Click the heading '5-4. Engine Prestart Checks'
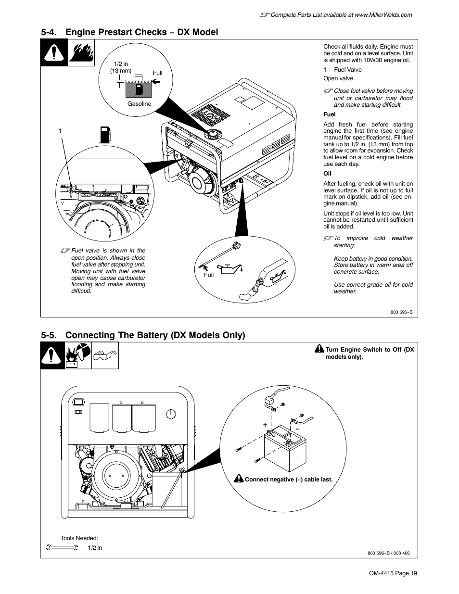pos(129,32)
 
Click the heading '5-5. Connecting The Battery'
pos(143,335)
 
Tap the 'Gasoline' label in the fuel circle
pos(139,104)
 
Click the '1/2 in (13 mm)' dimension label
pos(121,67)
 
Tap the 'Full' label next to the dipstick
pos(209,275)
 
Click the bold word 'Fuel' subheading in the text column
pos(329,114)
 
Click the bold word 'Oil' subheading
pos(327,174)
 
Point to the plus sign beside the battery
pos(265,425)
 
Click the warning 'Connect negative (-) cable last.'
pos(288,480)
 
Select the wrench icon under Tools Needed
pos(62,547)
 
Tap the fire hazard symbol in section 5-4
pos(79,52)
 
